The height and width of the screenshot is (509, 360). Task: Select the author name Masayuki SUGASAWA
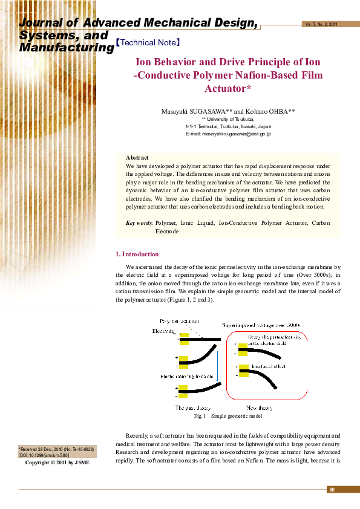click(194, 111)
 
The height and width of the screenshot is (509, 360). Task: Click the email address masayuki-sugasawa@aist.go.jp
click(228, 134)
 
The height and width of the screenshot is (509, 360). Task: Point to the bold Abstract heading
click(137, 157)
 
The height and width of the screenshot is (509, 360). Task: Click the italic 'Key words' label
click(139, 223)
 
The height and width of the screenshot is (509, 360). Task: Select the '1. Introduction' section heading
click(137, 254)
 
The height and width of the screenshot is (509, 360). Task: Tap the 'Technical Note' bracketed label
click(148, 43)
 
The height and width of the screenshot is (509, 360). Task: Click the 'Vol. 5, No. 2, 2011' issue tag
click(321, 25)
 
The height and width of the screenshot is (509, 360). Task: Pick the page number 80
click(332, 489)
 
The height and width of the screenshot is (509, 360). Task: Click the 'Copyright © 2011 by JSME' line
click(57, 462)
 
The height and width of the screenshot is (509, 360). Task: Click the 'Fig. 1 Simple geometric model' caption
click(228, 417)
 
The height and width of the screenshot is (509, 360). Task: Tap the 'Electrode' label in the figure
click(163, 331)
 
